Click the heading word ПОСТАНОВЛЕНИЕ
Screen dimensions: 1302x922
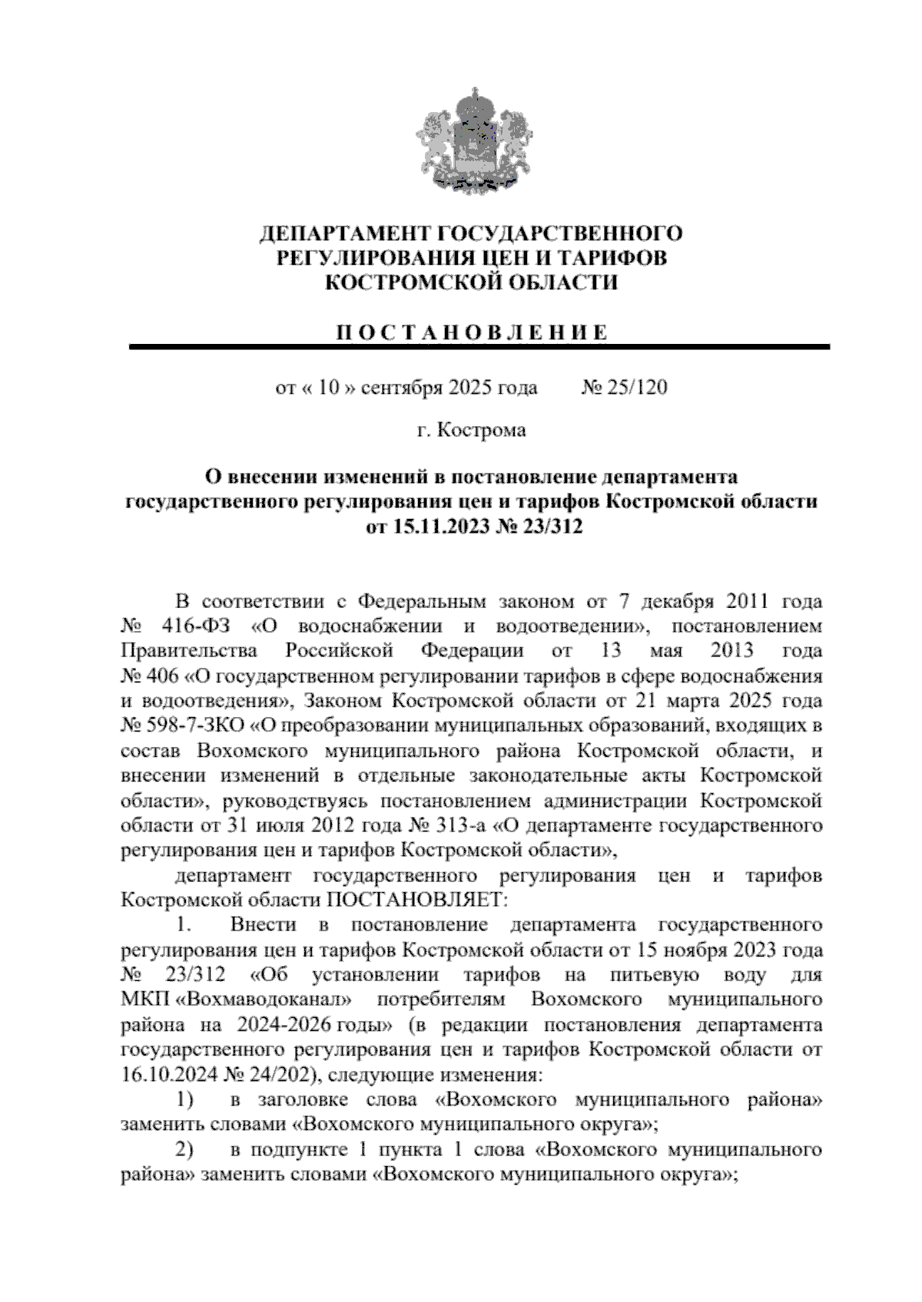tap(473, 332)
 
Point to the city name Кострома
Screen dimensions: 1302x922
tap(481, 430)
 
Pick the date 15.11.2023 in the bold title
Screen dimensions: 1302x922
tap(435, 527)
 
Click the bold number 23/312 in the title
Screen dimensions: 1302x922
tap(539, 527)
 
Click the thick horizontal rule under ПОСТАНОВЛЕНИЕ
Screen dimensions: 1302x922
tap(480, 347)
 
